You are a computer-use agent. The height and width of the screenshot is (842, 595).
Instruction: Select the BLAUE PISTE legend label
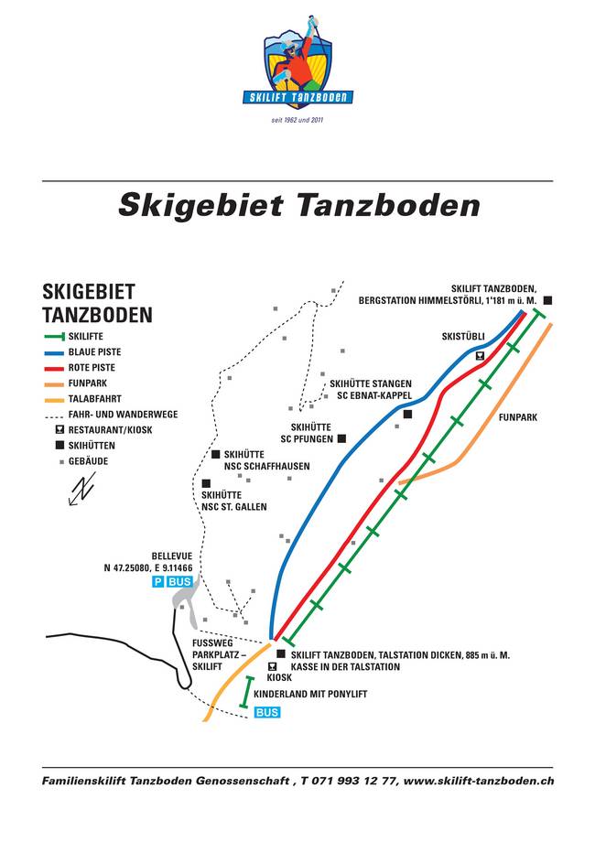pyautogui.click(x=94, y=351)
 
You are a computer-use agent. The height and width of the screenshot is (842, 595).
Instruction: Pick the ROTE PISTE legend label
pyautogui.click(x=92, y=367)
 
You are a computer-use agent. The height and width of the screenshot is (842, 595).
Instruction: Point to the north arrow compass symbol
pyautogui.click(x=82, y=489)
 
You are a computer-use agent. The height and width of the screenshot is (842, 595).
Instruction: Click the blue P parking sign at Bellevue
pyautogui.click(x=158, y=582)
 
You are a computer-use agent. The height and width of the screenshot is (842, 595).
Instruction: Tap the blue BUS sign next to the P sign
pyautogui.click(x=180, y=582)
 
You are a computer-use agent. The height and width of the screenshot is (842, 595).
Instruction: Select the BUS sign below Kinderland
pyautogui.click(x=266, y=712)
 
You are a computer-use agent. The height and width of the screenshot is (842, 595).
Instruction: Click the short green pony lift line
pyautogui.click(x=246, y=691)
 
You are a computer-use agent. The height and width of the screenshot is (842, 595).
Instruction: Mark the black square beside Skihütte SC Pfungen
pyautogui.click(x=341, y=438)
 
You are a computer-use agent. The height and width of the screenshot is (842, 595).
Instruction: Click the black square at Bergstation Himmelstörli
pyautogui.click(x=546, y=299)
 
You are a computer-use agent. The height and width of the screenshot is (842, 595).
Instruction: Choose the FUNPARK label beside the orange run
pyautogui.click(x=517, y=417)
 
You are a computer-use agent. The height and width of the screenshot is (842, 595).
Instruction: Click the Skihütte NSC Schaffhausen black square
pyautogui.click(x=216, y=454)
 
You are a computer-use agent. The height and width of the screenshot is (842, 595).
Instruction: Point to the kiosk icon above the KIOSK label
pyautogui.click(x=272, y=665)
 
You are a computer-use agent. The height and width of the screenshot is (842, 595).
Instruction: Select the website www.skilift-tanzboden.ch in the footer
pyautogui.click(x=478, y=781)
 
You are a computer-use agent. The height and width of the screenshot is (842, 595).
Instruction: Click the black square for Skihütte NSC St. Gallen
pyautogui.click(x=205, y=483)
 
